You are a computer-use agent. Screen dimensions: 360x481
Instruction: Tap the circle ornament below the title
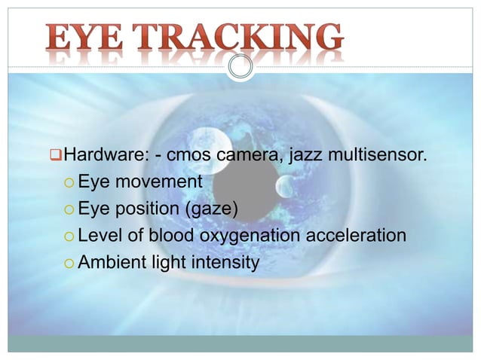pos(240,67)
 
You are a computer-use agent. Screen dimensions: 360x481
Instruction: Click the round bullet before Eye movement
pos(69,183)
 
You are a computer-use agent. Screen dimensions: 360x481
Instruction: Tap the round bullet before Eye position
pos(69,209)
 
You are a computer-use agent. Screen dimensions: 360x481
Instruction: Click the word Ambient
pos(110,262)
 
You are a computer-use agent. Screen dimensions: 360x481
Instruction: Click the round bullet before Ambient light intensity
pos(69,263)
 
